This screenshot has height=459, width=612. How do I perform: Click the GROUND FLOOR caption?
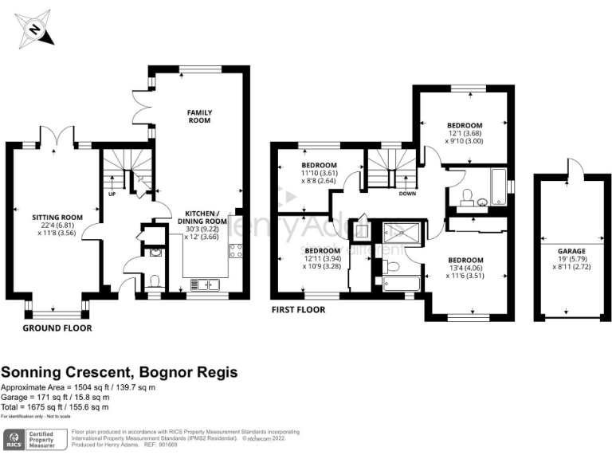tap(57, 328)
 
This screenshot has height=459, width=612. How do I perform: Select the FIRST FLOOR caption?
tap(298, 310)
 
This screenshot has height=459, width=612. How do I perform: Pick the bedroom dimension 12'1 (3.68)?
tap(463, 134)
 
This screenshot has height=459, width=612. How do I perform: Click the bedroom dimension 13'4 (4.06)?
tap(465, 269)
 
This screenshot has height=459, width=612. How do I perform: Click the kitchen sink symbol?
tap(202, 283)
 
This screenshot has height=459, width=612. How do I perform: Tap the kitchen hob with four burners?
tap(236, 252)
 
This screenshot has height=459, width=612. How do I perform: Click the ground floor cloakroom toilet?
tap(155, 280)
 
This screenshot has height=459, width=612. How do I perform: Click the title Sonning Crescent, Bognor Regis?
tap(120, 372)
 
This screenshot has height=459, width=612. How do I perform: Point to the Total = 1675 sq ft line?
tap(54, 407)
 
